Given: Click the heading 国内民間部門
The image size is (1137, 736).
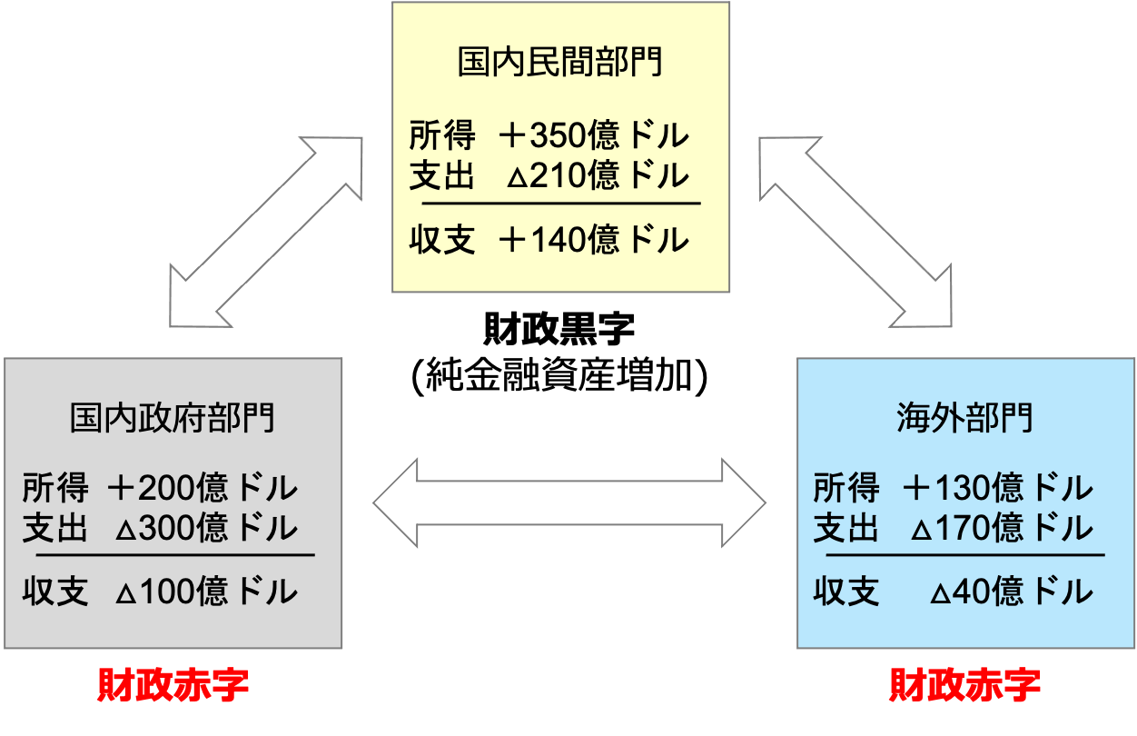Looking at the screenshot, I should click(559, 64).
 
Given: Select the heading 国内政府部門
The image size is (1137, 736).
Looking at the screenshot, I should click(173, 418).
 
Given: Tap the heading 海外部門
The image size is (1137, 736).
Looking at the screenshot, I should click(964, 418).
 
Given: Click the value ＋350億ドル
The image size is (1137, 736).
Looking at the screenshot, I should click(594, 137).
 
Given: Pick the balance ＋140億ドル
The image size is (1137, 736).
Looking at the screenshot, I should click(594, 241).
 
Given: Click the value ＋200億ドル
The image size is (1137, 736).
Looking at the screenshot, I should click(202, 489).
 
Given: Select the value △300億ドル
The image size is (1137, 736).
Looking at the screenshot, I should click(206, 528).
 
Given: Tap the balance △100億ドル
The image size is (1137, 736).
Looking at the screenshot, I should click(206, 592).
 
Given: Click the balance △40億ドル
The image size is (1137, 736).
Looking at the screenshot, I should click(1011, 592).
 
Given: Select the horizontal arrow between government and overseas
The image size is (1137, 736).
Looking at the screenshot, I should click(569, 502).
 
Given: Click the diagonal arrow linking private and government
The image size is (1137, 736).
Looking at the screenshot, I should click(266, 232).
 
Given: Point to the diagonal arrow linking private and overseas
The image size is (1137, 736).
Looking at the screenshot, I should click(855, 232).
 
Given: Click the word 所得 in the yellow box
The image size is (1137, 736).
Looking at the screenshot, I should click(442, 137).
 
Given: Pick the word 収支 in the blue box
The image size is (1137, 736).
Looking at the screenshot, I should click(846, 592).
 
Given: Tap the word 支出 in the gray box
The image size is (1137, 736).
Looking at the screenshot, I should click(55, 528).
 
